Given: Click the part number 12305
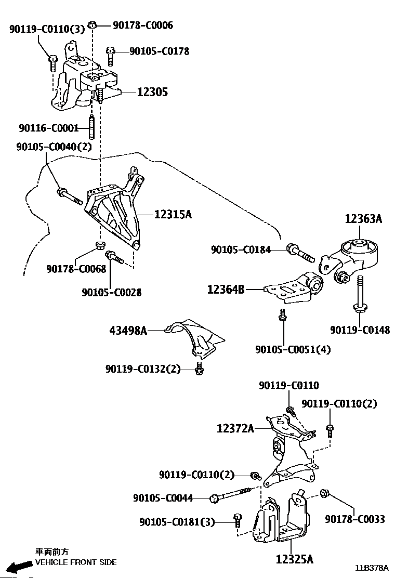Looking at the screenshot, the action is pos(152,92).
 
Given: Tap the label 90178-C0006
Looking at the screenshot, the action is pos(143,25).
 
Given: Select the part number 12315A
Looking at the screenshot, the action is pos(173,214).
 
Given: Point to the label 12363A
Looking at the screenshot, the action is pos(364,219).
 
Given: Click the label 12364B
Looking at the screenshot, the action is pos(226,290).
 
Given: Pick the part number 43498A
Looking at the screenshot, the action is pos(128,330).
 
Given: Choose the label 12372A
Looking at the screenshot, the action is pos(235,428).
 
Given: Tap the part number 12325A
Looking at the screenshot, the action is pos(295,559).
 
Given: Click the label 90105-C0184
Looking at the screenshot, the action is pos(241,249).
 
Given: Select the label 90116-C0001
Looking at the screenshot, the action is pos(49,128).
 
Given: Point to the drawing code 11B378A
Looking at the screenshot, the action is pos(372,567).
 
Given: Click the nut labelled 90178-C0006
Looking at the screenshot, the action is pos(93,25).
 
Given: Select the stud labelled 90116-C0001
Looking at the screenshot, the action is pos(92,127).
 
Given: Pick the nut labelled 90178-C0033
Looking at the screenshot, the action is pos(325,493).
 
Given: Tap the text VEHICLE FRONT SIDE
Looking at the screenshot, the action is pos(76,562).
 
